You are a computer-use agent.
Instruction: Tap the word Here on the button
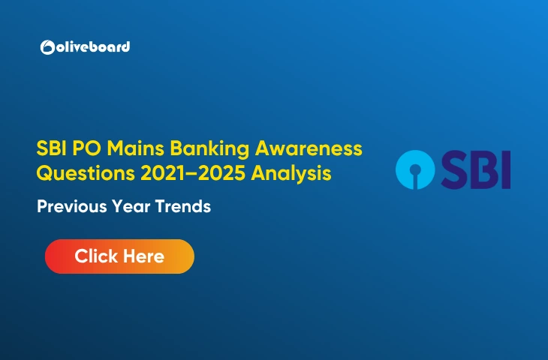[140, 256]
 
